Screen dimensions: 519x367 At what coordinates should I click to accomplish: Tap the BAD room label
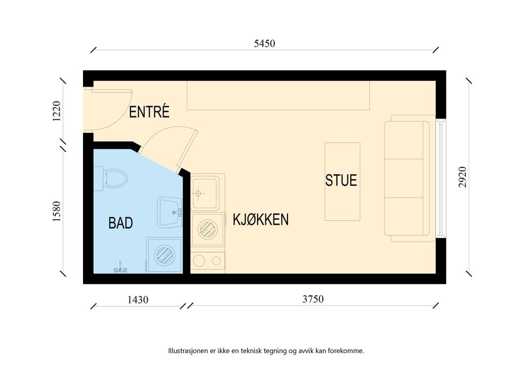point(121,223)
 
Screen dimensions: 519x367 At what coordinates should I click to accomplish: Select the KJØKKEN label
point(261,219)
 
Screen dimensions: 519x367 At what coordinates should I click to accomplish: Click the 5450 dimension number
point(264,44)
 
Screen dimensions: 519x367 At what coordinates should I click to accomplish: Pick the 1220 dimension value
point(57,111)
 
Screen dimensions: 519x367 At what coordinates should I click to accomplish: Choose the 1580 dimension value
point(57,212)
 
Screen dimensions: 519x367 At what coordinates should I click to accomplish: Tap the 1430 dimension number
point(138,300)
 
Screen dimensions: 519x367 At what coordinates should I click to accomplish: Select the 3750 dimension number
point(313,299)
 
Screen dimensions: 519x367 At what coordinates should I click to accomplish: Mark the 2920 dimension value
point(462,177)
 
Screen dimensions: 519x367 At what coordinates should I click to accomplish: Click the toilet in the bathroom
point(111,178)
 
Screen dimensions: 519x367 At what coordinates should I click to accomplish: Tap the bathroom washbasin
point(170,212)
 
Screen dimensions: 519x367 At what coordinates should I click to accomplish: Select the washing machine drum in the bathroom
point(164,255)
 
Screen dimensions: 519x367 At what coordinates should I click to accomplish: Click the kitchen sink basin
point(205,193)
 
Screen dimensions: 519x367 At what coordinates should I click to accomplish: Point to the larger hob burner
point(199,261)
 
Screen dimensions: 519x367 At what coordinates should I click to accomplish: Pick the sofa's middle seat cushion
point(404,178)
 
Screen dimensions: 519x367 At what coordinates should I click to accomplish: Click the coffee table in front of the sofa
point(343,181)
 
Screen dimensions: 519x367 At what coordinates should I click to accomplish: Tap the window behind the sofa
point(441,178)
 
